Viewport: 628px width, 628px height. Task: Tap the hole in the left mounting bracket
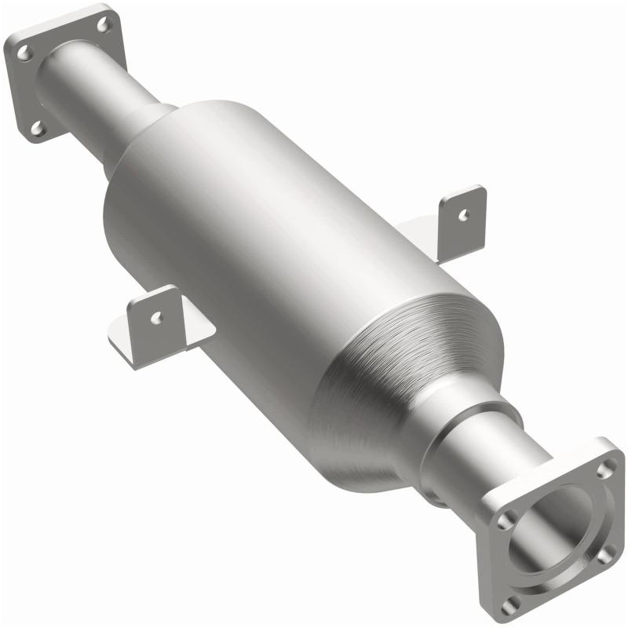click(157, 318)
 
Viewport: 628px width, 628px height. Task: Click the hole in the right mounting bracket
click(465, 213)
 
